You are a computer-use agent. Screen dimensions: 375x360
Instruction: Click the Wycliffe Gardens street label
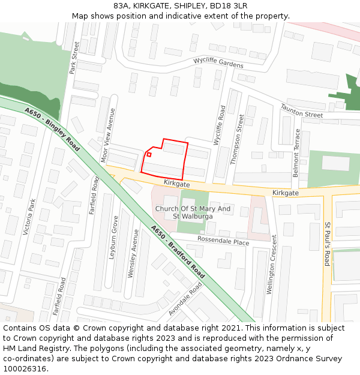click(x=218, y=63)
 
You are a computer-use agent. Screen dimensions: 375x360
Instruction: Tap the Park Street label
click(x=74, y=58)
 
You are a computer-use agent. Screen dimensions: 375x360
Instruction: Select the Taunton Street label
click(x=301, y=110)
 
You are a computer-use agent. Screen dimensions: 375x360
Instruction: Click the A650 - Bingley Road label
click(x=52, y=128)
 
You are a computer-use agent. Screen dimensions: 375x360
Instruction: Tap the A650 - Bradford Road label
click(x=178, y=251)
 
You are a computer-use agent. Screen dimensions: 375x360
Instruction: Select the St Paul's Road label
click(x=327, y=244)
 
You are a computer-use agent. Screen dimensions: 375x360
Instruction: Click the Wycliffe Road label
click(x=220, y=125)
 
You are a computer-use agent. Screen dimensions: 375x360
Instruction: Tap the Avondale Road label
click(x=185, y=298)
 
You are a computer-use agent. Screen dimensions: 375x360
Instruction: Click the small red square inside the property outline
click(x=149, y=154)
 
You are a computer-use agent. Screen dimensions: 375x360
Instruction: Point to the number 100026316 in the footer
click(x=25, y=368)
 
